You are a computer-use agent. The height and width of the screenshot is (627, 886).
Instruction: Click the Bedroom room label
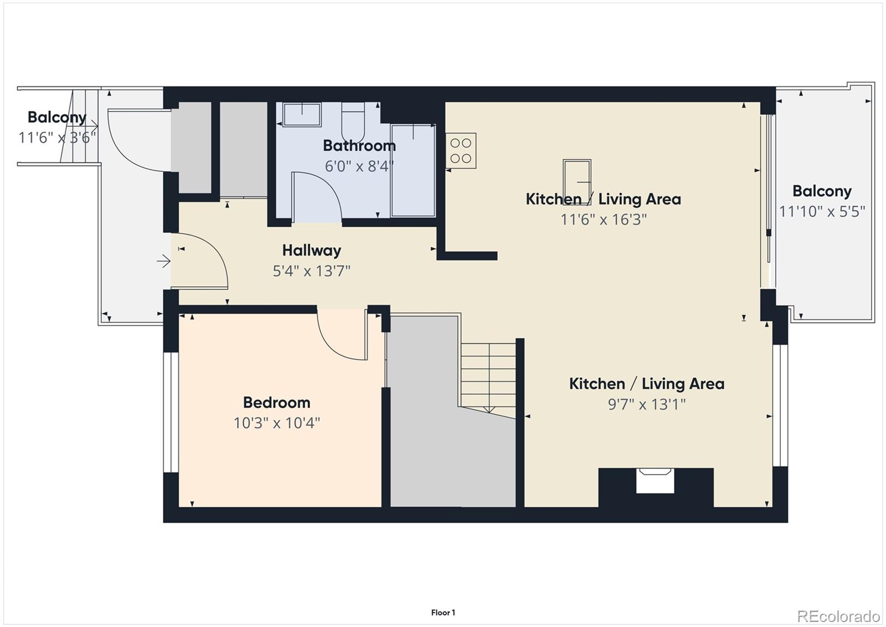click(x=276, y=402)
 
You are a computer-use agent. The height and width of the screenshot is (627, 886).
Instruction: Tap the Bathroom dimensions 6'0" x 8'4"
click(x=359, y=166)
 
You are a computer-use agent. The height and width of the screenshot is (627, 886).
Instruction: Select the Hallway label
click(x=311, y=251)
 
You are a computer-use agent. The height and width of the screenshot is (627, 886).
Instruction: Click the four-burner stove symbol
click(x=461, y=151)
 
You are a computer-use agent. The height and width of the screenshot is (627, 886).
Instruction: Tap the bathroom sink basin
click(x=302, y=115)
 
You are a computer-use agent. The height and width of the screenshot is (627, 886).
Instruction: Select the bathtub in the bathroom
click(x=413, y=170)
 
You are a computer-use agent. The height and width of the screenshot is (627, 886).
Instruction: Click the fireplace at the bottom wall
click(x=655, y=481)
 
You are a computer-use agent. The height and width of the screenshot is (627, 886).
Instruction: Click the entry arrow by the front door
click(x=163, y=261)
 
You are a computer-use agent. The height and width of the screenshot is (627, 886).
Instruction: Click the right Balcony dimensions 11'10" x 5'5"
click(x=822, y=212)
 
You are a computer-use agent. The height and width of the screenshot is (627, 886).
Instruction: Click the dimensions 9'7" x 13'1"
click(x=646, y=404)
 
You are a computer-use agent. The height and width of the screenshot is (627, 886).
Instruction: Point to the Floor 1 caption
click(x=443, y=613)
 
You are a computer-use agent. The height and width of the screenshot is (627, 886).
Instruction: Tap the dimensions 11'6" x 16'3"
click(x=603, y=220)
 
